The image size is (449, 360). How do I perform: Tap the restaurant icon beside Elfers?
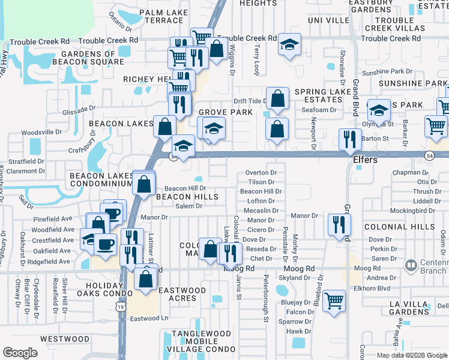pos(349,140)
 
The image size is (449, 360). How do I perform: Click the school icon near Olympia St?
pos(379,110)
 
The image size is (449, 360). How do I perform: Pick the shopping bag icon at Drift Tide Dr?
pos(277,99)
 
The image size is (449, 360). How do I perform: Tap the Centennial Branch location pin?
pos(411,265)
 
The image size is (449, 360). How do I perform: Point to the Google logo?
pos(20,353)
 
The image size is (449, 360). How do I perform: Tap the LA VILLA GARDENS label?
pos(408,309)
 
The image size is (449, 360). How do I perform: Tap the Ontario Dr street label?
pos(120,23)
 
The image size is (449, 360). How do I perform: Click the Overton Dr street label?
pos(261,172)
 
